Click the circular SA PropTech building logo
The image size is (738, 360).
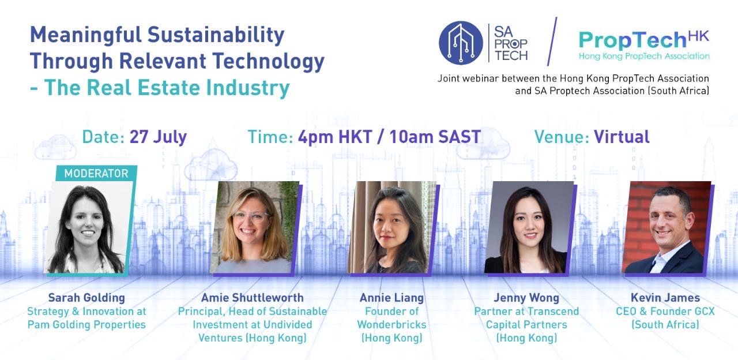pyautogui.click(x=461, y=43)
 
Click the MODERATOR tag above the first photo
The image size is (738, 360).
pyautogui.click(x=96, y=173)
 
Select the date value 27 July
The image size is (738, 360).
pyautogui.click(x=158, y=137)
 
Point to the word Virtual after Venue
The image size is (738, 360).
pyautogui.click(x=622, y=137)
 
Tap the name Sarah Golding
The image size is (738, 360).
pyautogui.click(x=86, y=298)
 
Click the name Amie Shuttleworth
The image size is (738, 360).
pyautogui.click(x=253, y=298)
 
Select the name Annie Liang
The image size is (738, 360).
pyautogui.click(x=391, y=298)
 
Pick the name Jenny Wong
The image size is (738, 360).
pyautogui.click(x=526, y=298)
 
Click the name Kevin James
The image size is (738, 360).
pyautogui.click(x=665, y=298)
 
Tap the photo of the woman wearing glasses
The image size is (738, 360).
pyautogui.click(x=254, y=227)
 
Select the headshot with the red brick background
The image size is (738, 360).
pyautogui.click(x=667, y=227)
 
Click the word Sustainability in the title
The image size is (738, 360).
pyautogui.click(x=216, y=35)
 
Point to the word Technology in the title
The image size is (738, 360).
pyautogui.click(x=268, y=62)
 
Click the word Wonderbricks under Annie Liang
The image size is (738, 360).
pyautogui.click(x=391, y=324)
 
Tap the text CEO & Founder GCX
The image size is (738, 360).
pyautogui.click(x=665, y=311)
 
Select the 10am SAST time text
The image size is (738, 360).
pyautogui.click(x=435, y=137)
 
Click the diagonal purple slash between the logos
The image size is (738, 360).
pyautogui.click(x=552, y=42)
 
